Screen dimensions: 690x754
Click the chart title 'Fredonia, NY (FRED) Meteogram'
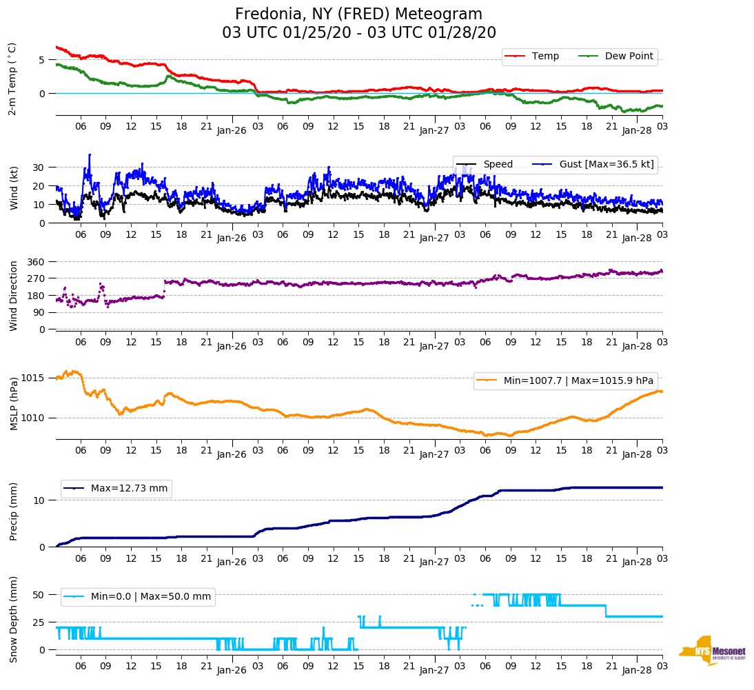click(358, 14)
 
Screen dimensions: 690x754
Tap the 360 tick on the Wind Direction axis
click(37, 262)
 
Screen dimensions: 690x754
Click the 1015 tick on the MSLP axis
click(32, 378)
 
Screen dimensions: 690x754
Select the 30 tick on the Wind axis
click(39, 168)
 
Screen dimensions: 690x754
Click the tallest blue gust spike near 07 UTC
click(90, 155)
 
